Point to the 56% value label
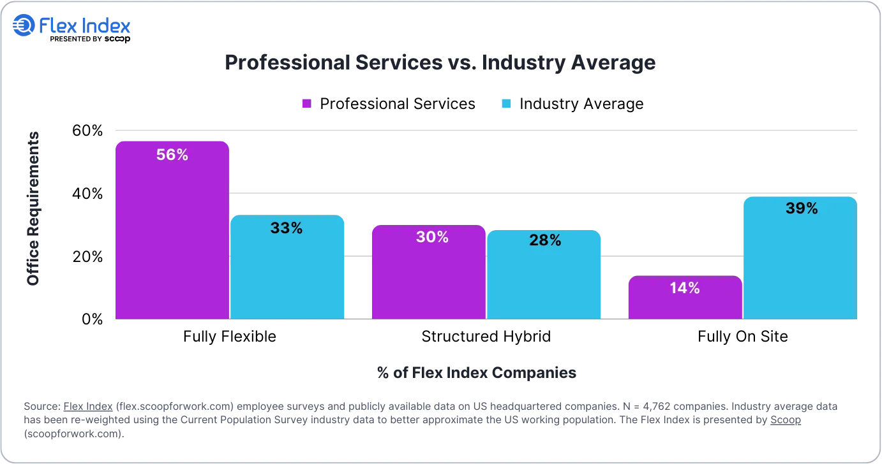[172, 155]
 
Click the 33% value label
[287, 228]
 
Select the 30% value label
[432, 237]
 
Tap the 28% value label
[545, 240]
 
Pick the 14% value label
[684, 288]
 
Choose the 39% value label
[802, 208]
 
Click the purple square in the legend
[306, 105]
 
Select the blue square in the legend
[507, 105]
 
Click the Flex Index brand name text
[85, 26]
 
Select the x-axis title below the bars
[475, 373]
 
